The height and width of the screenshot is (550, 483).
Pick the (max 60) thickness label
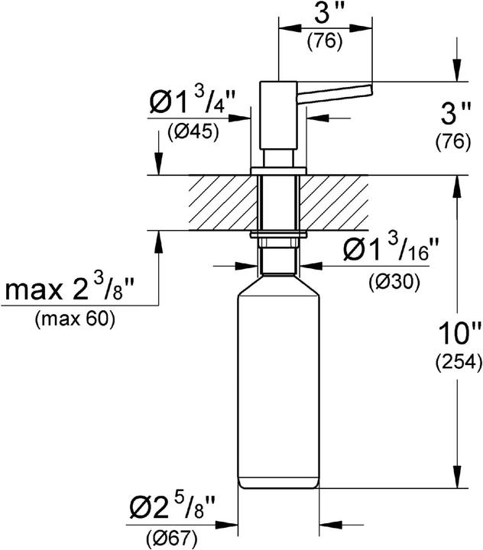tap(74, 320)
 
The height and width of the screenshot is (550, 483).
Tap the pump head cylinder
tap(278, 115)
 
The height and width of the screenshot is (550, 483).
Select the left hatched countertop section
tap(222, 203)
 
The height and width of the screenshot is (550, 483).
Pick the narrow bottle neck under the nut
tap(278, 264)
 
